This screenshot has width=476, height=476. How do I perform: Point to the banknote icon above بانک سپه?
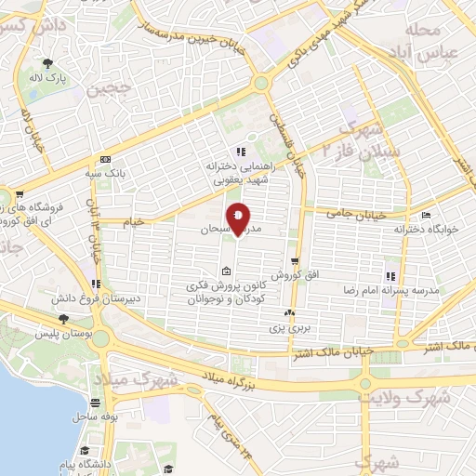(104, 160)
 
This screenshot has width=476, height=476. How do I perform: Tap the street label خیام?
(135, 222)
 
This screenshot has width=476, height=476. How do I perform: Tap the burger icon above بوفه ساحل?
(96, 403)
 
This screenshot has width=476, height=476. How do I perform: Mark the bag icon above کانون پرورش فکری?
(227, 271)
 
